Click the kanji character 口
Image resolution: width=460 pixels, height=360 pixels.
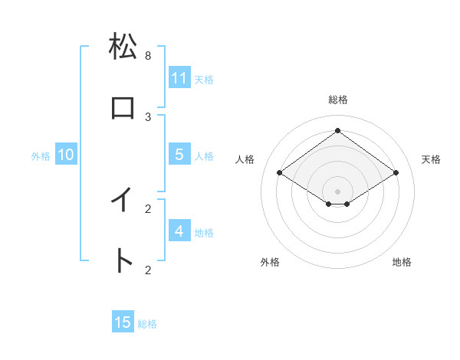(x=123, y=108)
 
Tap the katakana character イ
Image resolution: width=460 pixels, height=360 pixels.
(x=123, y=200)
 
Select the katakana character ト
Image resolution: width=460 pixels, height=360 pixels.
(x=123, y=261)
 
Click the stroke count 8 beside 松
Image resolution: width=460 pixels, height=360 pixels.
(x=148, y=56)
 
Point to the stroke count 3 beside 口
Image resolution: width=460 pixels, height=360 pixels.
(x=148, y=117)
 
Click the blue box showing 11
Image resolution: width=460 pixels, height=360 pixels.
(x=179, y=77)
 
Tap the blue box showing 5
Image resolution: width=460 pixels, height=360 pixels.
(x=179, y=154)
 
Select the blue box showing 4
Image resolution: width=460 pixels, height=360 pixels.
(x=179, y=231)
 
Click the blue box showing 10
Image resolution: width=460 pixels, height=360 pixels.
(x=66, y=155)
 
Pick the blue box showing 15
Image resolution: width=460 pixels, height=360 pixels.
(x=123, y=322)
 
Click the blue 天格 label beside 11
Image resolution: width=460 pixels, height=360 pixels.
(x=204, y=79)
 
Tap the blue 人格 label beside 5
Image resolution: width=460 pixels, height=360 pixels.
(x=204, y=155)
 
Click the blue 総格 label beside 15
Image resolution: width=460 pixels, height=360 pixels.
(x=147, y=324)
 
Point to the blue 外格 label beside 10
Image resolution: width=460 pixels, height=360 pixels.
(x=41, y=155)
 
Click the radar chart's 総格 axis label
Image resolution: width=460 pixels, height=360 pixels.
(x=337, y=100)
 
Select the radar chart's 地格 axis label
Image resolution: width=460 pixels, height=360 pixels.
(x=402, y=262)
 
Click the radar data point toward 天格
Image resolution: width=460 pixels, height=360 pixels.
(x=396, y=173)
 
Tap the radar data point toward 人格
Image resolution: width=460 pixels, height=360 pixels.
(x=279, y=173)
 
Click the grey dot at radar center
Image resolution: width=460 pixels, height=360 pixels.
(x=337, y=191)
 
